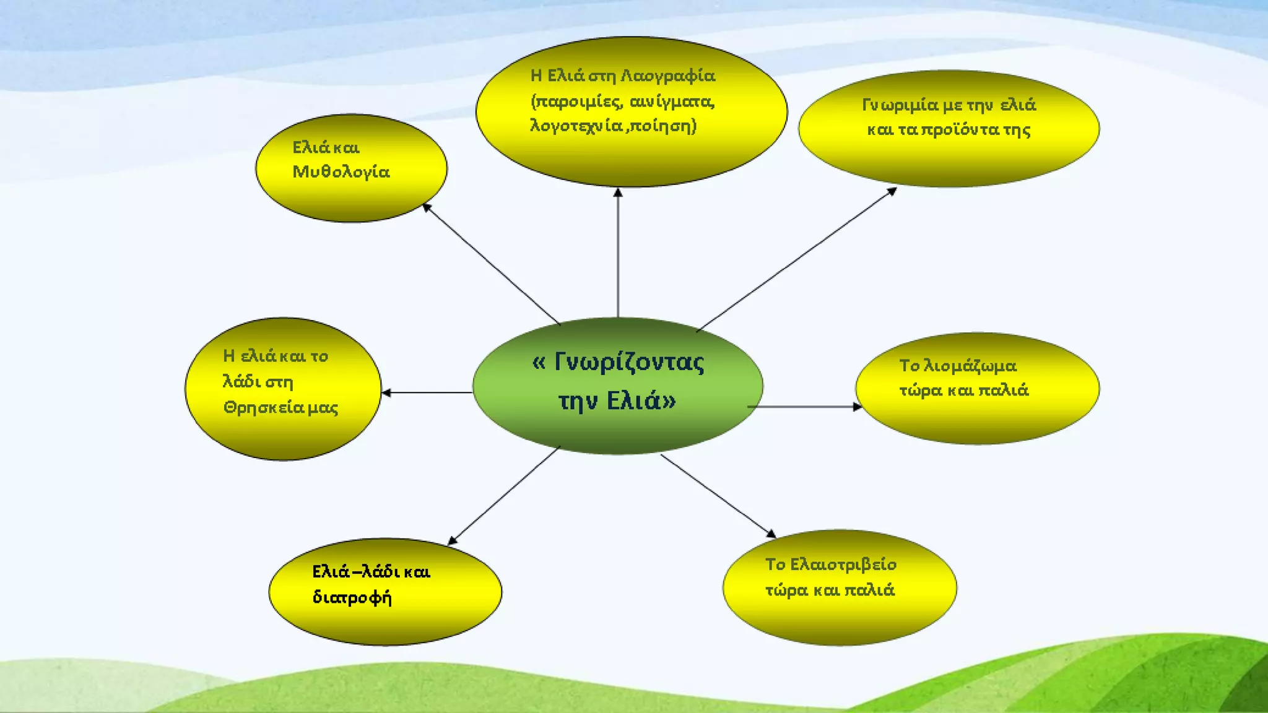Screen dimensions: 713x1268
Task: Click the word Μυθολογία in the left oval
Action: [x=341, y=172]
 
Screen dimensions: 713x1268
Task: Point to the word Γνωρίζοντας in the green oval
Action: [x=628, y=363]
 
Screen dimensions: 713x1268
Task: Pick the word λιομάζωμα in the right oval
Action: [x=970, y=366]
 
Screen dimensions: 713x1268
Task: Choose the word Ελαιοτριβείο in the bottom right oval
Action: [x=843, y=564]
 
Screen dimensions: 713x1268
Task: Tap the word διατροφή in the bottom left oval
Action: [x=352, y=598]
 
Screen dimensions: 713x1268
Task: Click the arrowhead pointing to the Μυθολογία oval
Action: [x=427, y=207]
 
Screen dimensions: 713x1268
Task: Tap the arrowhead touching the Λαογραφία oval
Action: [x=618, y=193]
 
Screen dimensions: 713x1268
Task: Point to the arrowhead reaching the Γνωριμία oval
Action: [x=892, y=191]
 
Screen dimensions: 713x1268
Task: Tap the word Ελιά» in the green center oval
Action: [x=641, y=401]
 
